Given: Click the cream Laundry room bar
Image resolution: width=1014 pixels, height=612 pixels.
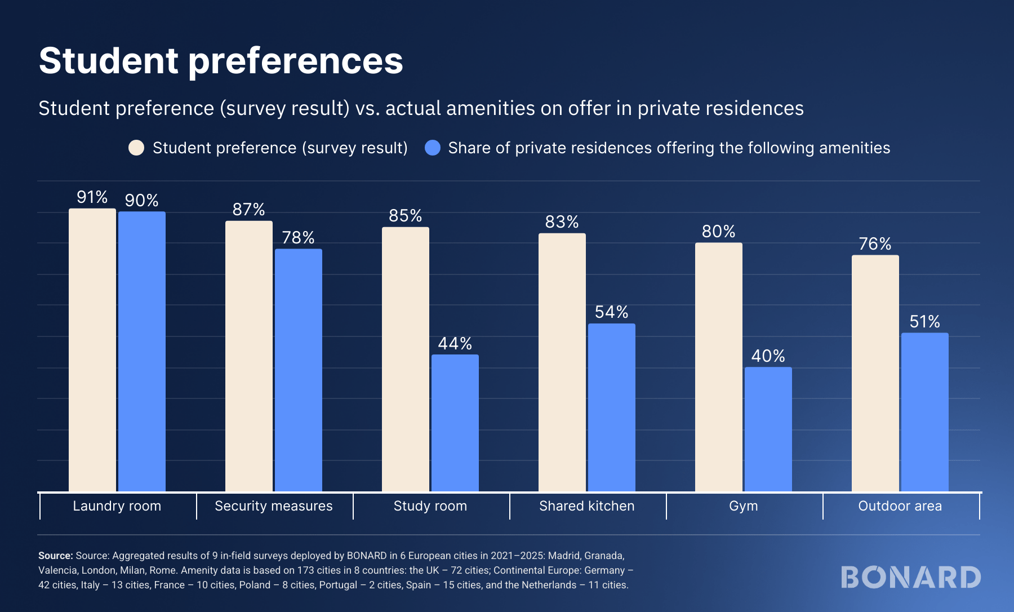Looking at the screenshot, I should (x=92, y=349).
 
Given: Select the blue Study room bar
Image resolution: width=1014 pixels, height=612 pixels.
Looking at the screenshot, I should (x=455, y=423).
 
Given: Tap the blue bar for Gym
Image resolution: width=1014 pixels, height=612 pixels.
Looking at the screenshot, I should (x=768, y=429).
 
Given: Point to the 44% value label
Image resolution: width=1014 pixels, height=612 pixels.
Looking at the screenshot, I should (x=455, y=343).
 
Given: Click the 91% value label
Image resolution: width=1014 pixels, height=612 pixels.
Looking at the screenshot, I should (x=92, y=197).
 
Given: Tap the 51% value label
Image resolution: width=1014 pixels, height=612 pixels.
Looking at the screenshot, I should (x=924, y=321).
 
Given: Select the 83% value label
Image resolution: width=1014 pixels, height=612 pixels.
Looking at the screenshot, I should (x=562, y=221).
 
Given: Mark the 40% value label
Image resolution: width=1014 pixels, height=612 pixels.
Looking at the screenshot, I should (x=768, y=356).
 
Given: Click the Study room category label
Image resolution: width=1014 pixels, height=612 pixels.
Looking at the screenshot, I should (x=430, y=506).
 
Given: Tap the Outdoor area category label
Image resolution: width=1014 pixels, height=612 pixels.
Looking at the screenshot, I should (x=900, y=506).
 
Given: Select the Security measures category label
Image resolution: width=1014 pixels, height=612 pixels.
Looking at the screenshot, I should (x=274, y=506).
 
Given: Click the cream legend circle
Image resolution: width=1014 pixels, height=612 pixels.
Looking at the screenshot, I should (x=136, y=148).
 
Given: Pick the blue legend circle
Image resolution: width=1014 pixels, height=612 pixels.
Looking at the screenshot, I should (x=432, y=148).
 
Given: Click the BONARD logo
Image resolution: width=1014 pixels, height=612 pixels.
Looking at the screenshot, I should (x=911, y=577).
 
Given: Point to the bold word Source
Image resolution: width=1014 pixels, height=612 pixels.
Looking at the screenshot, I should (x=55, y=556).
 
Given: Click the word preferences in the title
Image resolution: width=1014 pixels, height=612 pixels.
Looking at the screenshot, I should (x=295, y=61).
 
